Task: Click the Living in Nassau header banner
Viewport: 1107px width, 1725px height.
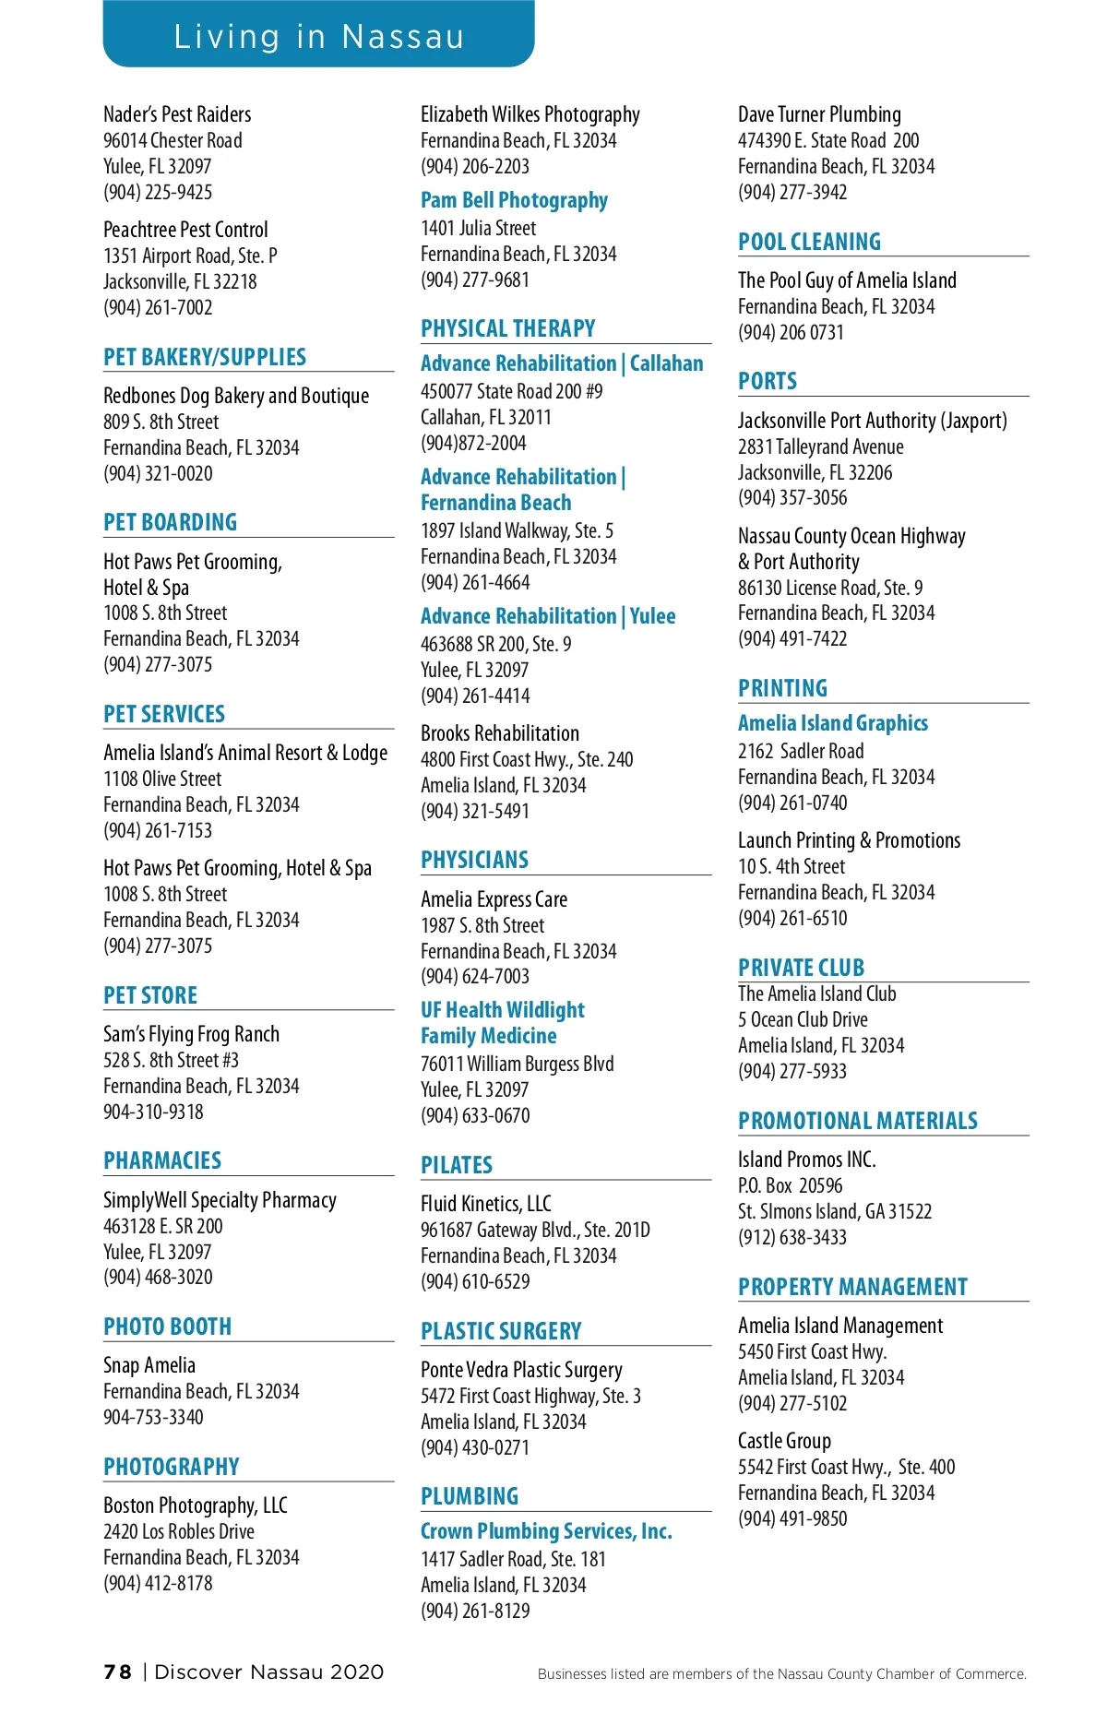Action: (318, 35)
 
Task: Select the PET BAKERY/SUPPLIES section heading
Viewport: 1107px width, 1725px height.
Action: (205, 357)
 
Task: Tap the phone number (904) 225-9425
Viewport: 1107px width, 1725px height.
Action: (158, 192)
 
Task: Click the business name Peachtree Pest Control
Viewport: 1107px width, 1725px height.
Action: (185, 230)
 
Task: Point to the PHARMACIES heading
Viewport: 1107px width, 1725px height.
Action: (162, 1160)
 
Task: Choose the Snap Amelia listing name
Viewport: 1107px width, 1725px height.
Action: (149, 1365)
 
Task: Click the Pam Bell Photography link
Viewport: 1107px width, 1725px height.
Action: (514, 200)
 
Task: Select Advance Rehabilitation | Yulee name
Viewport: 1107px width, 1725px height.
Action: (548, 616)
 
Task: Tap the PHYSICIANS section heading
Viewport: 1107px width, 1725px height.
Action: (474, 860)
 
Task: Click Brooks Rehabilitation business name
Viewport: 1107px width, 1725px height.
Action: (500, 733)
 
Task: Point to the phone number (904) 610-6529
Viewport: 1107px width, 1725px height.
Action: (475, 1281)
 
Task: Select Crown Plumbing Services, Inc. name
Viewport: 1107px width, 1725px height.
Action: (546, 1531)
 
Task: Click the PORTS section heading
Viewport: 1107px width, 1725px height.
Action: (768, 381)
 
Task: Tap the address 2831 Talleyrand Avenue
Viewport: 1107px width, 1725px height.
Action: (820, 446)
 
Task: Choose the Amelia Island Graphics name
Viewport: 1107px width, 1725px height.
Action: (833, 723)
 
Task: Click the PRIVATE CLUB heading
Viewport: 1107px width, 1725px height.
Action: (801, 968)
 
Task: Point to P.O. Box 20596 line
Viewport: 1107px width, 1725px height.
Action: (790, 1185)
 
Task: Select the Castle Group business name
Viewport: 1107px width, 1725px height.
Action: (784, 1441)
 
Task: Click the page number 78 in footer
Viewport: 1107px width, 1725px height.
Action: (117, 1672)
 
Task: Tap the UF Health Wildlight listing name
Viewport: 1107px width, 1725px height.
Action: (503, 1010)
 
